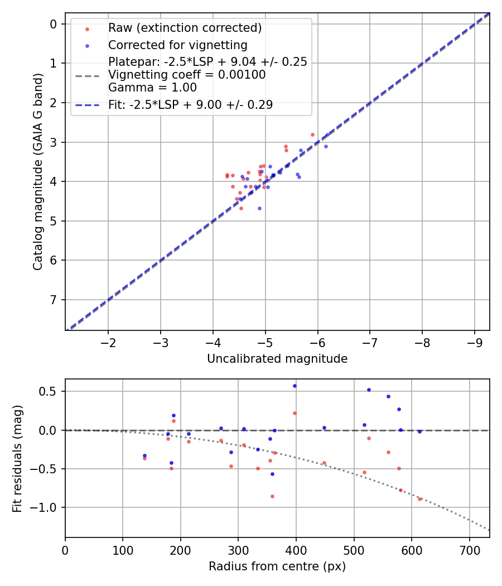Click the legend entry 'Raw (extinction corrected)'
coord(185,28)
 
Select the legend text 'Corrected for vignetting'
coord(177,45)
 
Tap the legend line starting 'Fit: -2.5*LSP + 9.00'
coord(190,104)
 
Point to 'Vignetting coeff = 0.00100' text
coord(187,75)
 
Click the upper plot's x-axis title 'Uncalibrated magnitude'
coord(277,359)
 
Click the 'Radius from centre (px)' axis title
coord(277,566)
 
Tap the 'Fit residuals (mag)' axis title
coord(17,458)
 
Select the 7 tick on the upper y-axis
coord(54,300)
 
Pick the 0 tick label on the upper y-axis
coord(54,24)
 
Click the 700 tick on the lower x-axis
coord(469,550)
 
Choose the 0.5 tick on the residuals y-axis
coord(51,391)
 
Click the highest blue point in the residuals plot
coord(295,386)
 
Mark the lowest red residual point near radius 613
coord(419,498)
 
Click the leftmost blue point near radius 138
coord(144,455)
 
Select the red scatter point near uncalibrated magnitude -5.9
coord(312,135)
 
